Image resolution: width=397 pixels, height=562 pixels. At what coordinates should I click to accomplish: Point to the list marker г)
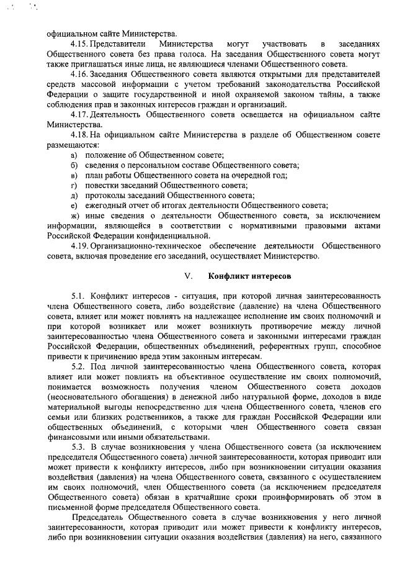(73, 185)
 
